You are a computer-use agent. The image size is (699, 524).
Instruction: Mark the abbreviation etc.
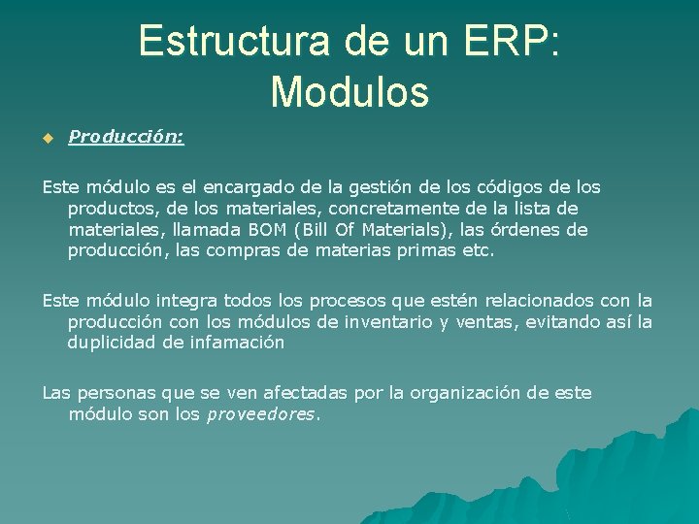pyautogui.click(x=478, y=250)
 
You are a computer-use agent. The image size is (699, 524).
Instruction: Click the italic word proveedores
pyautogui.click(x=259, y=414)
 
